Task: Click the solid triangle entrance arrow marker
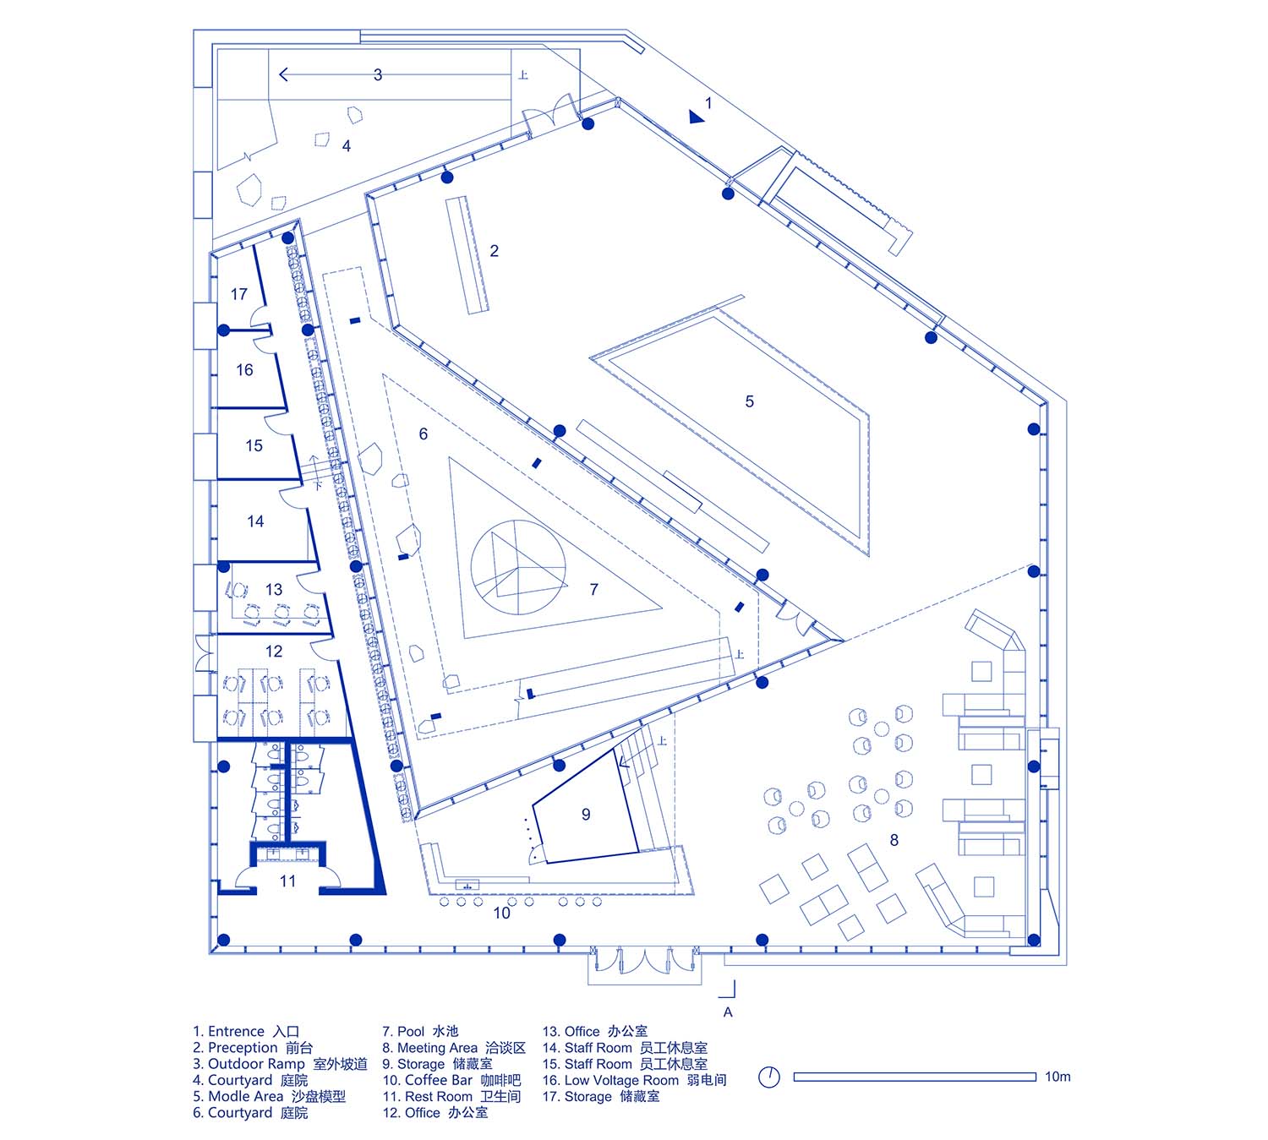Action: click(x=696, y=117)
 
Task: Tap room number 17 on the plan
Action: click(x=239, y=294)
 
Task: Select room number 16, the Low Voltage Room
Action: click(x=244, y=370)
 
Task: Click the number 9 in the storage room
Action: click(x=586, y=815)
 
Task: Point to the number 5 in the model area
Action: click(x=749, y=401)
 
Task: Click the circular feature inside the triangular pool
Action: click(x=517, y=567)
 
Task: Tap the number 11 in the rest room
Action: click(x=287, y=881)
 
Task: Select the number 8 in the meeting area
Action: click(x=894, y=840)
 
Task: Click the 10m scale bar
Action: click(x=915, y=1077)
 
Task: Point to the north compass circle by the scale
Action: click(x=769, y=1077)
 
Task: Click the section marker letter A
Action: click(x=728, y=1012)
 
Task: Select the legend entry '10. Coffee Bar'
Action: click(x=451, y=1080)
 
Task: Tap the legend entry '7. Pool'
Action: click(x=420, y=1031)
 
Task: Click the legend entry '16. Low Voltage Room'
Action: click(x=634, y=1080)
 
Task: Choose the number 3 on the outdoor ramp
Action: click(x=378, y=75)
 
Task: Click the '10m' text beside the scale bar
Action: click(x=1058, y=1077)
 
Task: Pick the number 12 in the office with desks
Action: click(x=274, y=652)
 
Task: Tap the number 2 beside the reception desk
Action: click(x=495, y=251)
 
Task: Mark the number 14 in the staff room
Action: click(x=255, y=522)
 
